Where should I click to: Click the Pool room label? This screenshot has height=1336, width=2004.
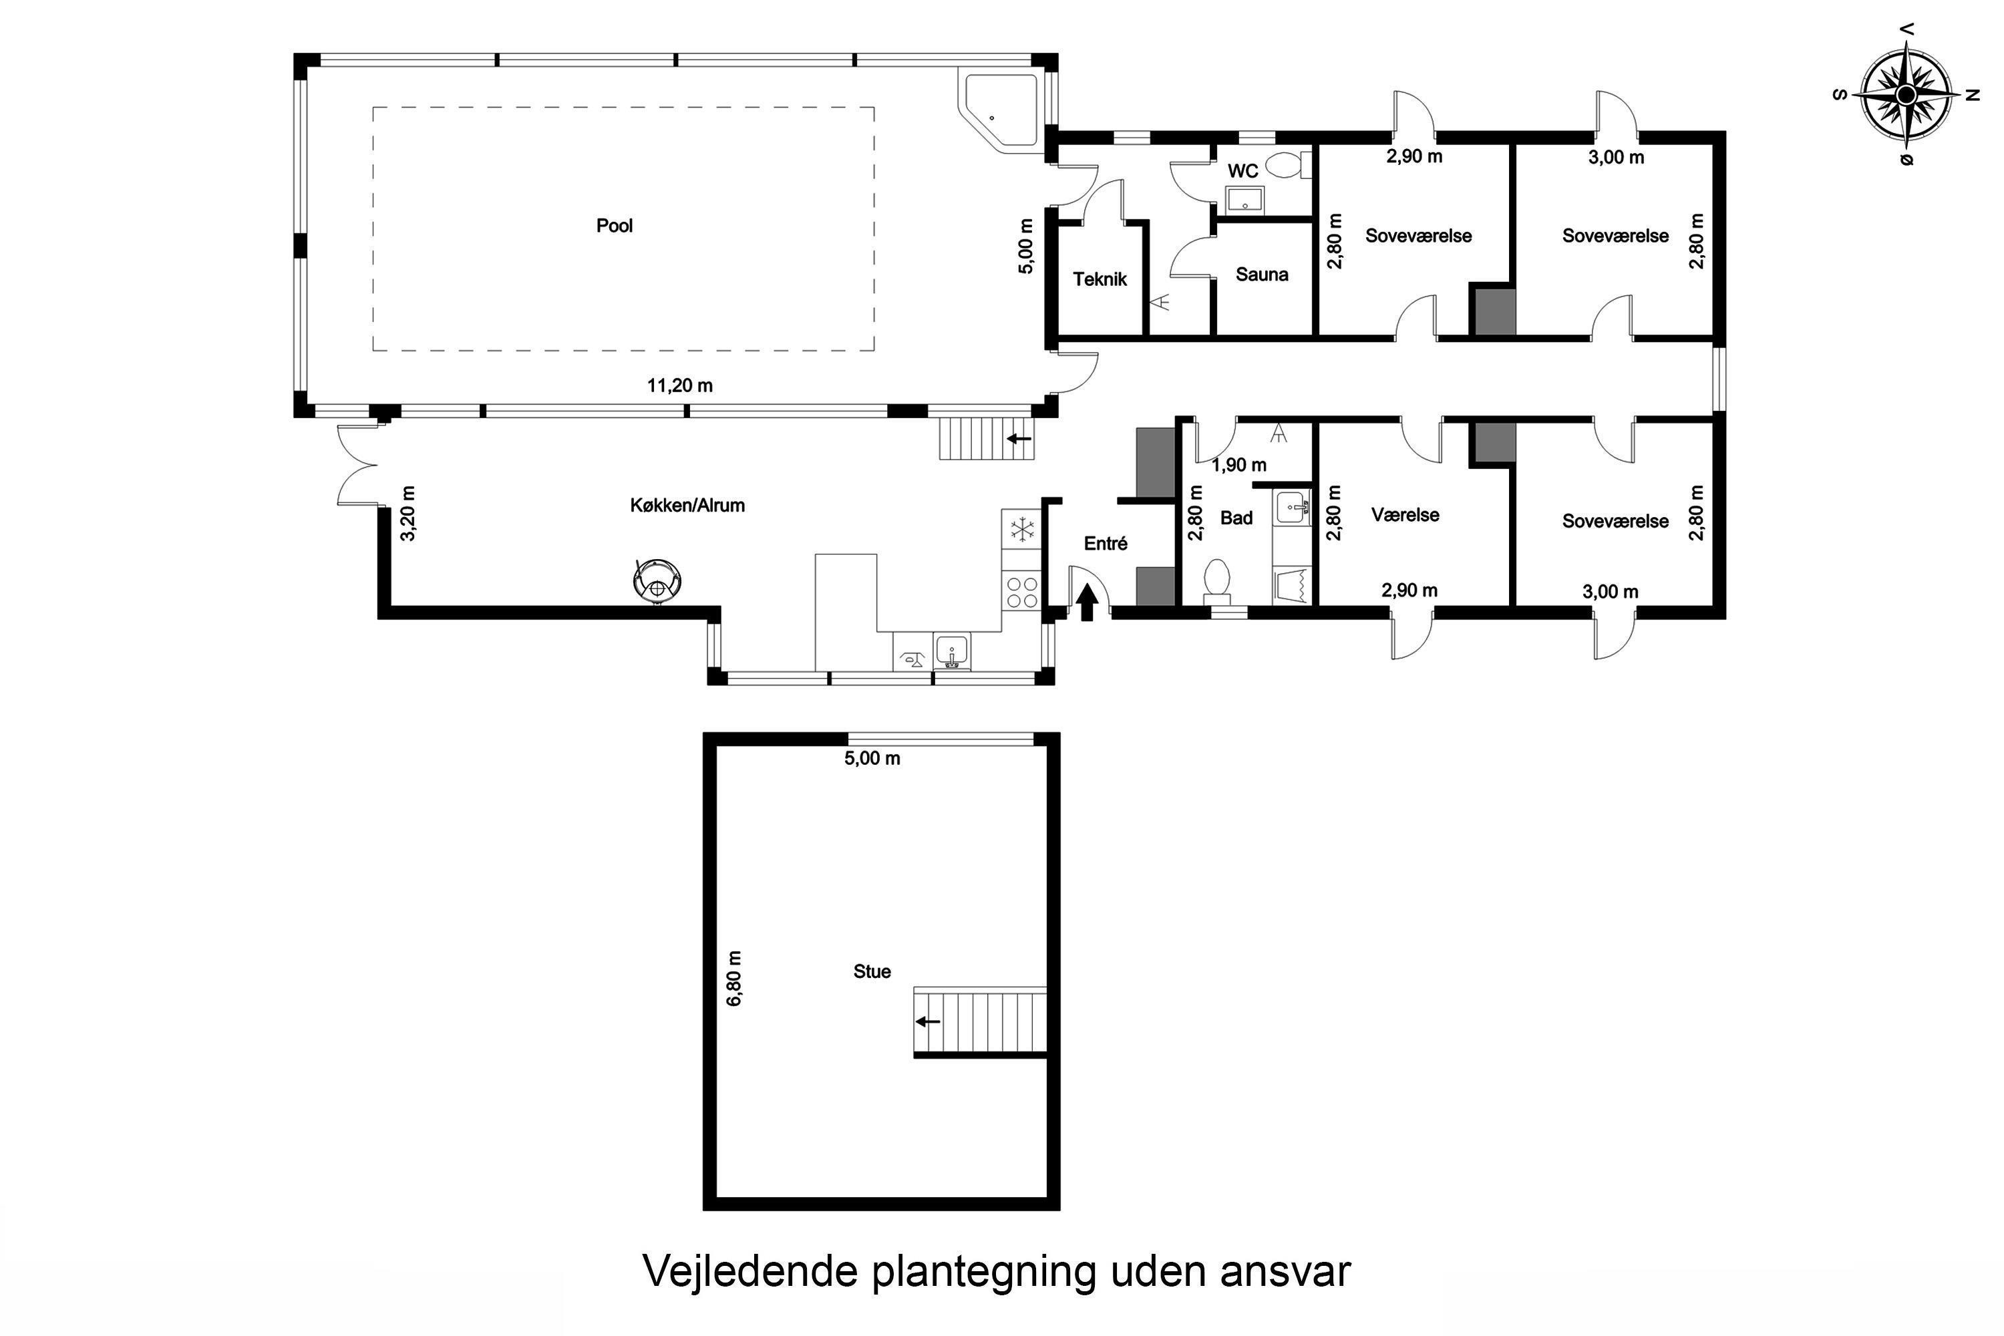615,226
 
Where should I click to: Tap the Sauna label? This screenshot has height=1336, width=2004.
1262,275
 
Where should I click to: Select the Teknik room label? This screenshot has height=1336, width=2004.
1100,279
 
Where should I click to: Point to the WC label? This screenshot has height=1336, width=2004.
1243,171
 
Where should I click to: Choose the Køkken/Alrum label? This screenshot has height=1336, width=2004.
687,505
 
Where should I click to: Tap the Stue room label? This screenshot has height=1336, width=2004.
872,971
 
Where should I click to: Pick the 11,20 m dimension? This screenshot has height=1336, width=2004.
680,385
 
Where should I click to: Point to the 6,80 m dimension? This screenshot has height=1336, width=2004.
734,978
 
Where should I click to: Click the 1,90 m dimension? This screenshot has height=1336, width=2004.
1240,465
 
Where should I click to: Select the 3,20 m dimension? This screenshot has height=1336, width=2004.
408,513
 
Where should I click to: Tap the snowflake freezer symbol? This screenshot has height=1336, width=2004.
1021,529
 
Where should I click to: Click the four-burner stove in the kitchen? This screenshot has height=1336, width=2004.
1021,592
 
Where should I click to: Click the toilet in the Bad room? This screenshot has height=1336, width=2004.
1218,579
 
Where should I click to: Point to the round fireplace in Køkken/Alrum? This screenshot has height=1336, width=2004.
657,581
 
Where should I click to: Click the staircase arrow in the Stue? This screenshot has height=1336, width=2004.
928,1021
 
